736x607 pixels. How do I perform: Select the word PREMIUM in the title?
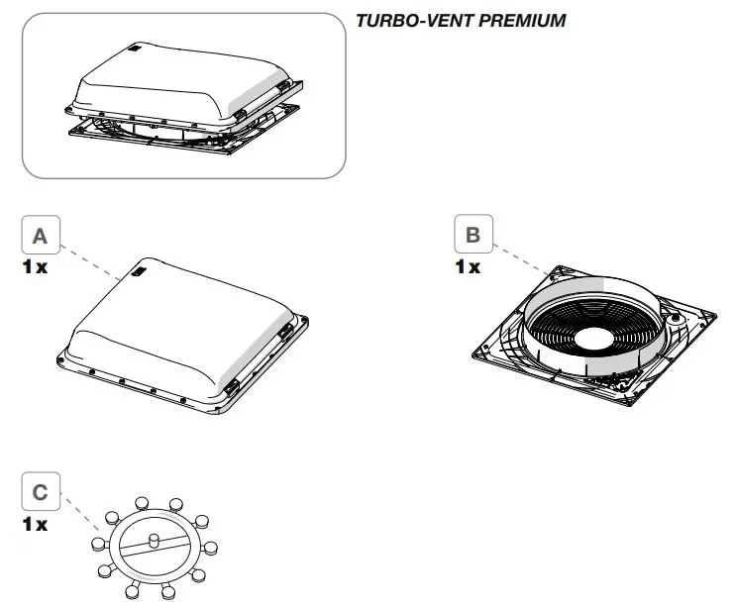[x=530, y=20]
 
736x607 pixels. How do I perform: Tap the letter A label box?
[x=40, y=236]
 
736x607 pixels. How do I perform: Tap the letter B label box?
[x=473, y=236]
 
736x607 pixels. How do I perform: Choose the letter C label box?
[x=40, y=491]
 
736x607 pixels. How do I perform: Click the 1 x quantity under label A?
[x=36, y=268]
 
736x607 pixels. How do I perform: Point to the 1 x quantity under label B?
[x=468, y=268]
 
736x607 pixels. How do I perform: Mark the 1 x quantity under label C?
[x=36, y=524]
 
